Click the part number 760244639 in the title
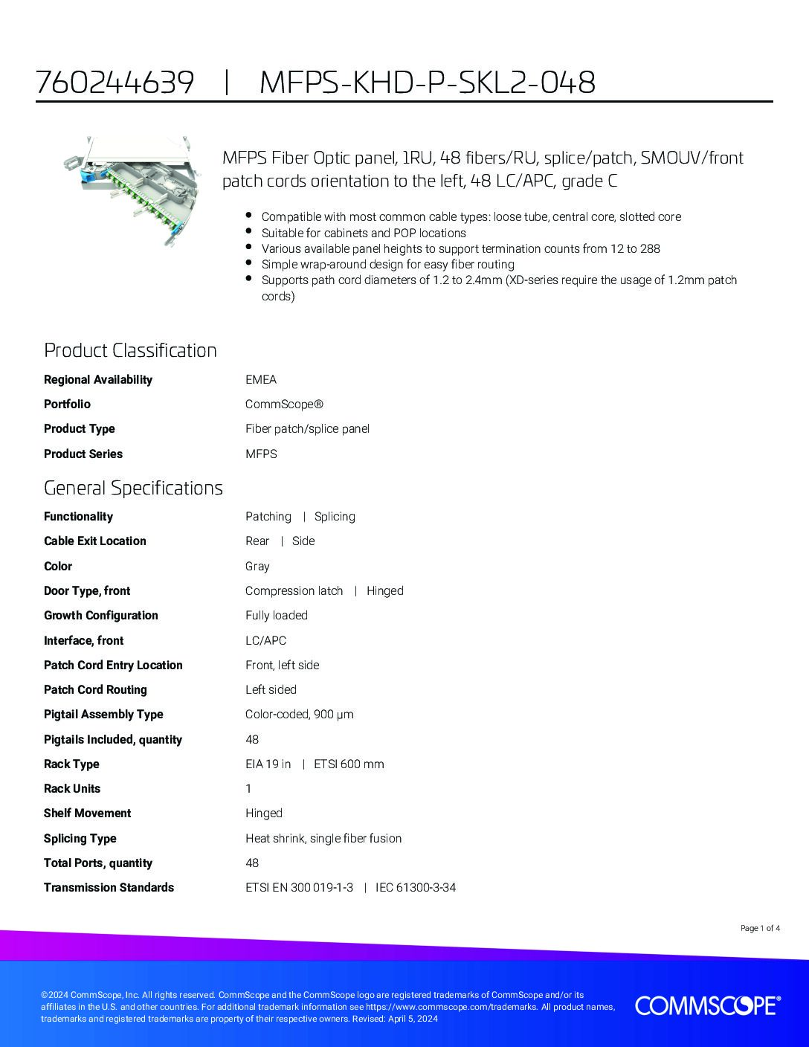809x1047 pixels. click(115, 83)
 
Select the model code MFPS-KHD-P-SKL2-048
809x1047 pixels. click(428, 83)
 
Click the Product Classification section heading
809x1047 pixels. click(130, 350)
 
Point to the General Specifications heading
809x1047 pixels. click(133, 488)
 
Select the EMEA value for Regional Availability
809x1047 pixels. click(261, 379)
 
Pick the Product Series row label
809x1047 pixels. click(83, 454)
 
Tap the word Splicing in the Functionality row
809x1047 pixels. click(335, 517)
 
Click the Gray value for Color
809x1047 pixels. click(257, 567)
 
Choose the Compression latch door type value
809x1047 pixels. click(294, 591)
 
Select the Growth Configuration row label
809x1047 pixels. click(101, 616)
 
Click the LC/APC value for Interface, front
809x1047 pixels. click(265, 640)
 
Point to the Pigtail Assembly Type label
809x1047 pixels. click(103, 715)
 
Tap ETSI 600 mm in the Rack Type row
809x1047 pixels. click(349, 764)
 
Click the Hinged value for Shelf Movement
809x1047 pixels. click(264, 814)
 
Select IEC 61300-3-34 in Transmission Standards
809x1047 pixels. click(416, 888)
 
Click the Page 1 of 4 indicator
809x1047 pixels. click(760, 928)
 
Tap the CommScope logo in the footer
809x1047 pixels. click(707, 1005)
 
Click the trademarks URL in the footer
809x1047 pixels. click(451, 1007)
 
